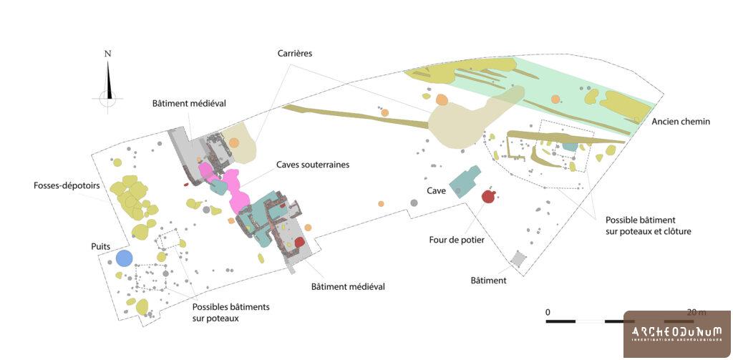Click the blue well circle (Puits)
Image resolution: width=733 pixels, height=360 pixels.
coord(125,258)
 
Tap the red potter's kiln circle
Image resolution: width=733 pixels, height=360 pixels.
coord(488,197)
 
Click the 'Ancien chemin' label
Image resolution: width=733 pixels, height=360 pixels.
coord(681,122)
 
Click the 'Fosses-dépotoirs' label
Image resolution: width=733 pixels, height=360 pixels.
coord(66,185)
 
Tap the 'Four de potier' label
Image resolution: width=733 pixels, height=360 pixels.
coord(457,240)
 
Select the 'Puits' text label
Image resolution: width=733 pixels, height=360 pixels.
coord(100,246)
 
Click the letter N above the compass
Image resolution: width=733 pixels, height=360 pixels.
coord(108,54)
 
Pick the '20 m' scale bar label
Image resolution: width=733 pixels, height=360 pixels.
coord(696,312)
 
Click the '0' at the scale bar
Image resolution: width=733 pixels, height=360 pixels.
coord(548,312)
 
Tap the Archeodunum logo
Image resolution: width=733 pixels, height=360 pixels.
coord(677,334)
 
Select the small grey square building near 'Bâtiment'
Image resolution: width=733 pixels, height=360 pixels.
coord(518,259)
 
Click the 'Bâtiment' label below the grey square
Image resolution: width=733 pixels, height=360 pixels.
coord(488,281)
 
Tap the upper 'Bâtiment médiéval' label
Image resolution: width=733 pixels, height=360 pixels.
coord(189,103)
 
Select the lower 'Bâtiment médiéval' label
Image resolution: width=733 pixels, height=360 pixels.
coord(348,287)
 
